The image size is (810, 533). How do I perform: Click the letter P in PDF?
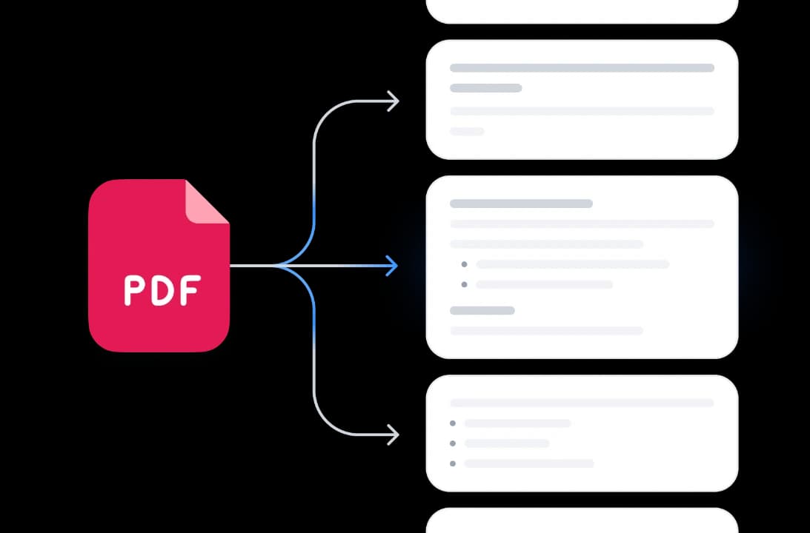click(133, 290)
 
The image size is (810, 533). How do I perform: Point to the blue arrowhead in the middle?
click(392, 266)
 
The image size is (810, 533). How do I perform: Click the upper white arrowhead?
click(393, 101)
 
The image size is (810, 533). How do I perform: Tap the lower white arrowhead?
click(393, 435)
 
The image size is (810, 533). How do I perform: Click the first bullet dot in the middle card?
click(464, 264)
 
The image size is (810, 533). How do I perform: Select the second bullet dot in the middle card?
click(464, 284)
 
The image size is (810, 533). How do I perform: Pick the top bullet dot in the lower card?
click(453, 423)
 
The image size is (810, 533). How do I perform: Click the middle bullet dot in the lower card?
click(453, 443)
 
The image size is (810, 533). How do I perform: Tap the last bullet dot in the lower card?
click(453, 463)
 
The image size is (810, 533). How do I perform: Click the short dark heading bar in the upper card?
click(485, 87)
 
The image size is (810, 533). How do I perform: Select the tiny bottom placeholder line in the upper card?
click(467, 131)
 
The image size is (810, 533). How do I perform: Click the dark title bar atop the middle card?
click(521, 204)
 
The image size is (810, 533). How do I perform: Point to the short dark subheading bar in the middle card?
click(482, 310)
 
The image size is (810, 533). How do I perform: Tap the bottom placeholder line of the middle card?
click(546, 330)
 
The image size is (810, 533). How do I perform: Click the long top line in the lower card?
click(582, 403)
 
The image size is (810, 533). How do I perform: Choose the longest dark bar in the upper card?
click(582, 67)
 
